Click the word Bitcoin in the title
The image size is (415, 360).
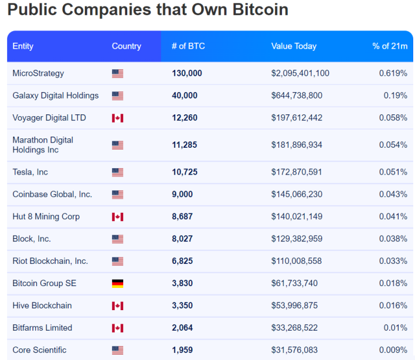tap(260, 9)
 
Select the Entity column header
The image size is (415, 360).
tap(23, 46)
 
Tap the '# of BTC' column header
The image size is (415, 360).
tap(188, 46)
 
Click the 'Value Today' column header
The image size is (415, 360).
tap(294, 46)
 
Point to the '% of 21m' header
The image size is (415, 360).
tap(390, 46)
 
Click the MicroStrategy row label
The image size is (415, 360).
tap(38, 73)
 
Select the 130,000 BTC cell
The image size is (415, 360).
tap(187, 73)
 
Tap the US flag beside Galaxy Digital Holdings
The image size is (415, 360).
tap(117, 96)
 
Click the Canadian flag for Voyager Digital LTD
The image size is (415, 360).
tap(117, 118)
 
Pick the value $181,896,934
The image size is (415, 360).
tap(297, 145)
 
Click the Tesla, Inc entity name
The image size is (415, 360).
tap(30, 172)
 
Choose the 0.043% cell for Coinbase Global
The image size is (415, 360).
tap(393, 194)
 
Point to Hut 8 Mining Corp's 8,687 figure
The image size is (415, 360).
tap(182, 216)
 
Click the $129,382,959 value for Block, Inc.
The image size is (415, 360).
tap(297, 239)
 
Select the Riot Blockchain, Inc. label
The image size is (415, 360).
tap(50, 261)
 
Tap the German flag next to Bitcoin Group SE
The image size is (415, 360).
tap(117, 284)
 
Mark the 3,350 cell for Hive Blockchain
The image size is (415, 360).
tap(182, 305)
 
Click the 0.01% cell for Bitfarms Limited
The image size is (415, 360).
tap(396, 328)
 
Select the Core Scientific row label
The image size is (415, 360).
tap(39, 350)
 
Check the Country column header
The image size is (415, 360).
tap(126, 46)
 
